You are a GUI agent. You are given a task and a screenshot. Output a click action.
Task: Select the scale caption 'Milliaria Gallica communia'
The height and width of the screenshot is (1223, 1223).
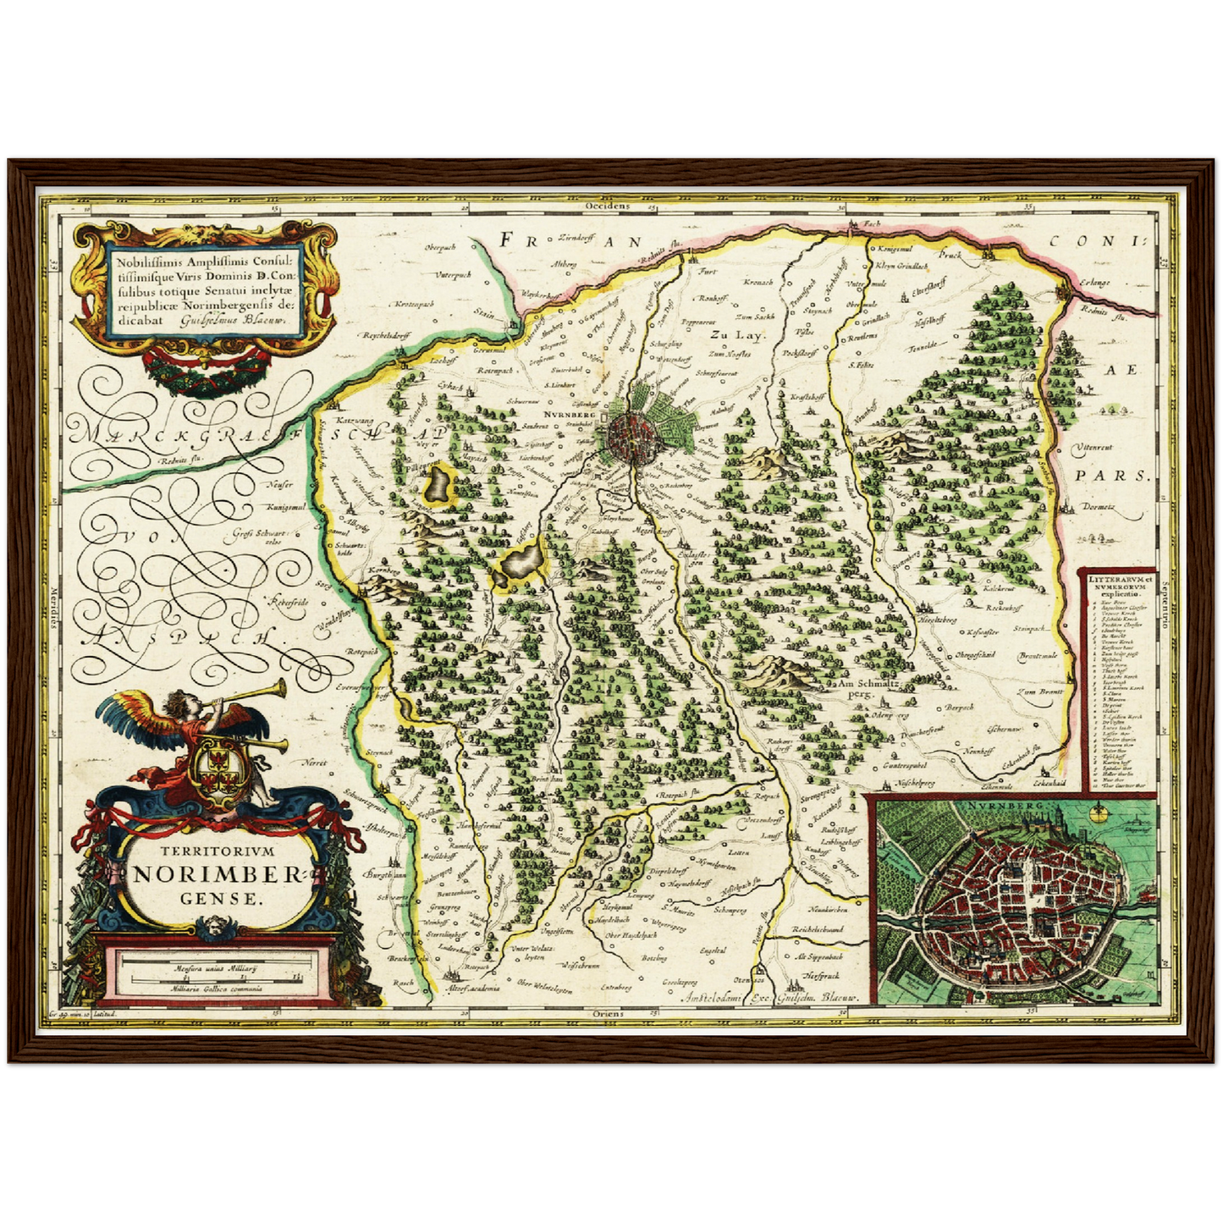[x=215, y=988]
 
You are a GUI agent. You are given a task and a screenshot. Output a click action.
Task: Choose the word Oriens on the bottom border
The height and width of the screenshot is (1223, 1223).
[x=609, y=1013]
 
